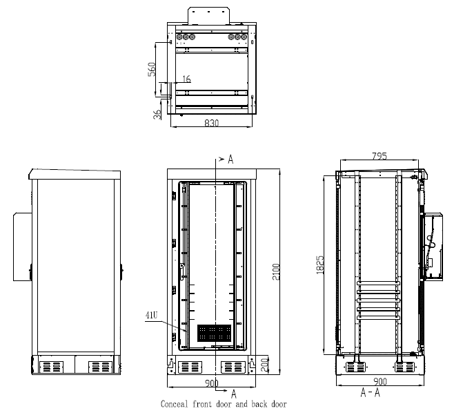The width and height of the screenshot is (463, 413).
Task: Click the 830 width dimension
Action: point(212,123)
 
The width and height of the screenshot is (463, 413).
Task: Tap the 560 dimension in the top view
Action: point(152,69)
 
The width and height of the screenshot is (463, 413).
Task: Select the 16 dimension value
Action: point(186,79)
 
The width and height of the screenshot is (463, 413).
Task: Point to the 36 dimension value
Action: point(157,115)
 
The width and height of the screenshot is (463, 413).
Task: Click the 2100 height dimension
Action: point(275,271)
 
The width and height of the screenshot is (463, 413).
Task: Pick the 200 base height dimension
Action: point(265,365)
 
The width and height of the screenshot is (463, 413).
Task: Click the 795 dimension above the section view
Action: point(379,156)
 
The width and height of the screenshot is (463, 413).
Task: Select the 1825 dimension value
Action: point(319,265)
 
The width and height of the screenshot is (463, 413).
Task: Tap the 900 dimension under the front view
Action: point(212,383)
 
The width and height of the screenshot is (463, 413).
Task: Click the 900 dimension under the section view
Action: point(380,381)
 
